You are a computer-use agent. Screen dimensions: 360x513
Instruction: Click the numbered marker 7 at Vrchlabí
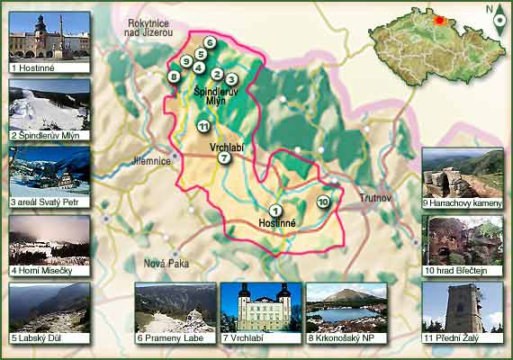[x=224, y=158]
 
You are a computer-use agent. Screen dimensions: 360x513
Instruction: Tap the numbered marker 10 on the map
[x=324, y=202]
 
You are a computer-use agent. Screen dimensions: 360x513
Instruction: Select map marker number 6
[x=209, y=42]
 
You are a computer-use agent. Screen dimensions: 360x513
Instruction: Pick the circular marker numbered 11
[x=204, y=125]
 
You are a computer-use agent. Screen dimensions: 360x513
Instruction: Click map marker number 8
[x=174, y=76]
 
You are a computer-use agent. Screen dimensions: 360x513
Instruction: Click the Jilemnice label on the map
[x=150, y=160]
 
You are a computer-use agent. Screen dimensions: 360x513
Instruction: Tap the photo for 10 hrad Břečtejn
[x=463, y=239]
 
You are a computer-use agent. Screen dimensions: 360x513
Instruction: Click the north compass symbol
[x=499, y=20]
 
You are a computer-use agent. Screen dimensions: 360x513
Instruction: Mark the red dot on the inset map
[x=439, y=20]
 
